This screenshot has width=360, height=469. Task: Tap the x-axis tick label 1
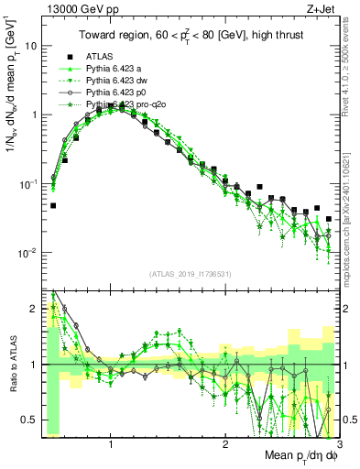coord(111,442)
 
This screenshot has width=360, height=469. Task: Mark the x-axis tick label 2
coord(224,442)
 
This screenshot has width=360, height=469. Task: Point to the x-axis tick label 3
coord(337,442)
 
